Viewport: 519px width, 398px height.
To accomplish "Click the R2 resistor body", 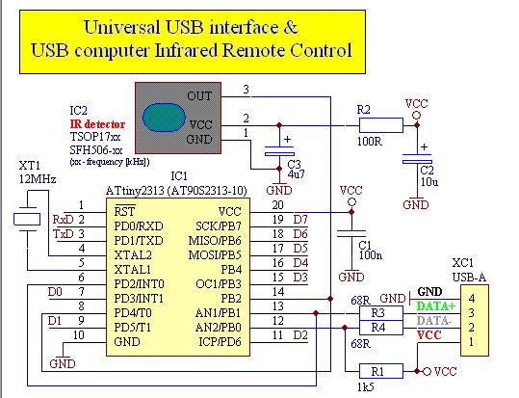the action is pyautogui.click(x=381, y=125).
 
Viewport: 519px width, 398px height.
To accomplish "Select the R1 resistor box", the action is pyautogui.click(x=381, y=371).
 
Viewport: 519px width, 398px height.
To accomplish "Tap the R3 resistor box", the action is pyautogui.click(x=381, y=313).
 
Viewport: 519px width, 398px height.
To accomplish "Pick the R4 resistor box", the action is pyautogui.click(x=381, y=328).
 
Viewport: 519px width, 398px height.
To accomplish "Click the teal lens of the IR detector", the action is pyautogui.click(x=164, y=117).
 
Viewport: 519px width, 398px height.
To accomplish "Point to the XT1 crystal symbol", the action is pyautogui.click(x=27, y=219).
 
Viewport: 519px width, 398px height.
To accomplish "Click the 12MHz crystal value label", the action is pyautogui.click(x=38, y=179).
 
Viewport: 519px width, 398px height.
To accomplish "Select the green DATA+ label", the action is pyautogui.click(x=436, y=305).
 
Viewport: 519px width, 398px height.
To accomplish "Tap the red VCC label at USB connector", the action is pyautogui.click(x=429, y=335).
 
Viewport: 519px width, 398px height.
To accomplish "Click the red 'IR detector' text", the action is pyautogui.click(x=97, y=124).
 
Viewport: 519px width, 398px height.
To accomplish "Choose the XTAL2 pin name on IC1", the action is pyautogui.click(x=133, y=255).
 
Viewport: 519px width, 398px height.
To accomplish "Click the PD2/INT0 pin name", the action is pyautogui.click(x=139, y=284).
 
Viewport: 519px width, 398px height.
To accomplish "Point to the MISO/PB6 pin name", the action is pyautogui.click(x=215, y=241).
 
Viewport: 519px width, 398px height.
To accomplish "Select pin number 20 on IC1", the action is pyautogui.click(x=277, y=205).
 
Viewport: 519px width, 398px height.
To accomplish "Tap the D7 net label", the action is pyautogui.click(x=300, y=220).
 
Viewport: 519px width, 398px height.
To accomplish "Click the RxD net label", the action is pyautogui.click(x=63, y=220).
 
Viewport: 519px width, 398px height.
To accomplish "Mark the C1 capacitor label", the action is pyautogui.click(x=365, y=245).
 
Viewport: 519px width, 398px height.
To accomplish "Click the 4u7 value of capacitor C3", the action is pyautogui.click(x=296, y=174).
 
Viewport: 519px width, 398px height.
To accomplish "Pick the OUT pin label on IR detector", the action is pyautogui.click(x=199, y=96).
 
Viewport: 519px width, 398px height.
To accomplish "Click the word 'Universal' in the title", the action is pyautogui.click(x=121, y=27).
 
